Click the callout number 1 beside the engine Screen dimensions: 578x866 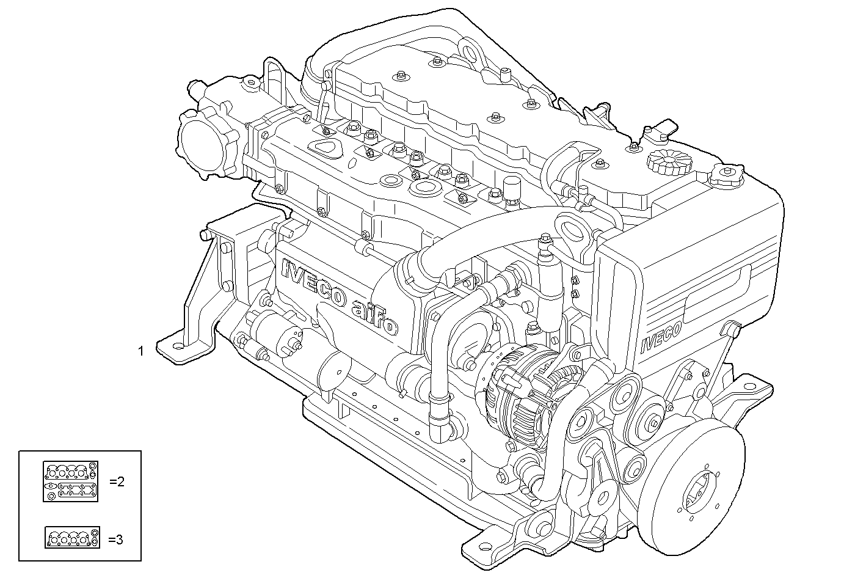141,351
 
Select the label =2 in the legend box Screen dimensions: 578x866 117,481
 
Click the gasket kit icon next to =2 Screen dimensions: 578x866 70,481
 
